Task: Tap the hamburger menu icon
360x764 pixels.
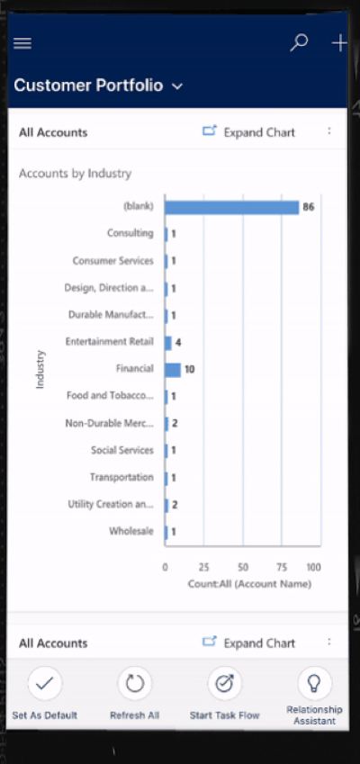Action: pos(22,44)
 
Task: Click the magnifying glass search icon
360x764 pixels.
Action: pos(299,43)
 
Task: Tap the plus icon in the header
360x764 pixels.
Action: pos(339,43)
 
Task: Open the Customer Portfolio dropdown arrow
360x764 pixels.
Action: pos(178,86)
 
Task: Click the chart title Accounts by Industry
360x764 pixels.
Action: pos(75,174)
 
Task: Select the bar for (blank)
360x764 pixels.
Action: pos(231,207)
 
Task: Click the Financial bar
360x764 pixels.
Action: pos(173,369)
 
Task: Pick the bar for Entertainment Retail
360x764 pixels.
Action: pos(168,343)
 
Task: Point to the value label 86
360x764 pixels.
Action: pos(309,207)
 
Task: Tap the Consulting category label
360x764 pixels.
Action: pos(130,233)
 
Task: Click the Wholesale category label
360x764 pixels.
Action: pos(131,531)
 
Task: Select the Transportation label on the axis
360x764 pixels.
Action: pos(121,477)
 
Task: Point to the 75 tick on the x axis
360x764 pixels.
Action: pos(282,567)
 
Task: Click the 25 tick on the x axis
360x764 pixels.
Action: pos(203,567)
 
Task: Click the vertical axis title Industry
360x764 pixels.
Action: pos(40,369)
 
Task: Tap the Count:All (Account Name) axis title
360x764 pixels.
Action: pos(249,584)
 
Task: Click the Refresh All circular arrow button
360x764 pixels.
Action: pos(134,684)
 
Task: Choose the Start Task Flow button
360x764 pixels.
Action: pos(225,684)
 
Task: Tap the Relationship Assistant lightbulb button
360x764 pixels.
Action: pos(315,684)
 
